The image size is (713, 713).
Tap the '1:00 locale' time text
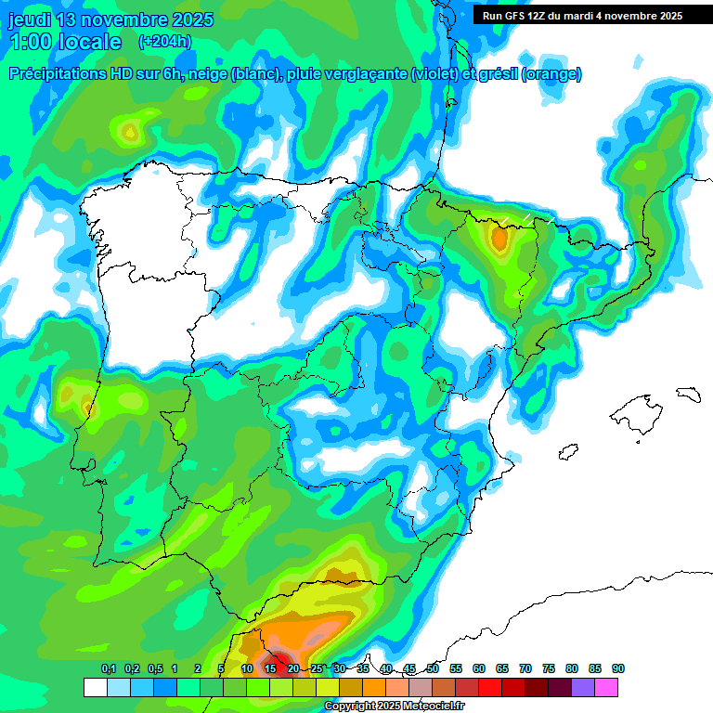click(65, 42)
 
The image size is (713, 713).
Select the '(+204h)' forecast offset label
click(164, 41)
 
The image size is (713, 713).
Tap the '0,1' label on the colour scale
click(109, 669)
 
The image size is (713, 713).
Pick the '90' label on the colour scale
click(618, 669)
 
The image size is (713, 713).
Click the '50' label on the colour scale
click(433, 669)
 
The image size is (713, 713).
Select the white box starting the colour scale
click(95, 687)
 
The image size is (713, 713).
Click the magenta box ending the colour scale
click(606, 687)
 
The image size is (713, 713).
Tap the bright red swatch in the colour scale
click(490, 687)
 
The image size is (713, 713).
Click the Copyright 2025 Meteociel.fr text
click(394, 707)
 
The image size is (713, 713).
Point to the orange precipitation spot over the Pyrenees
click(500, 240)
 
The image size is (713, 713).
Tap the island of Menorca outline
click(688, 394)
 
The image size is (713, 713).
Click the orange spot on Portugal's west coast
click(87, 405)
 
